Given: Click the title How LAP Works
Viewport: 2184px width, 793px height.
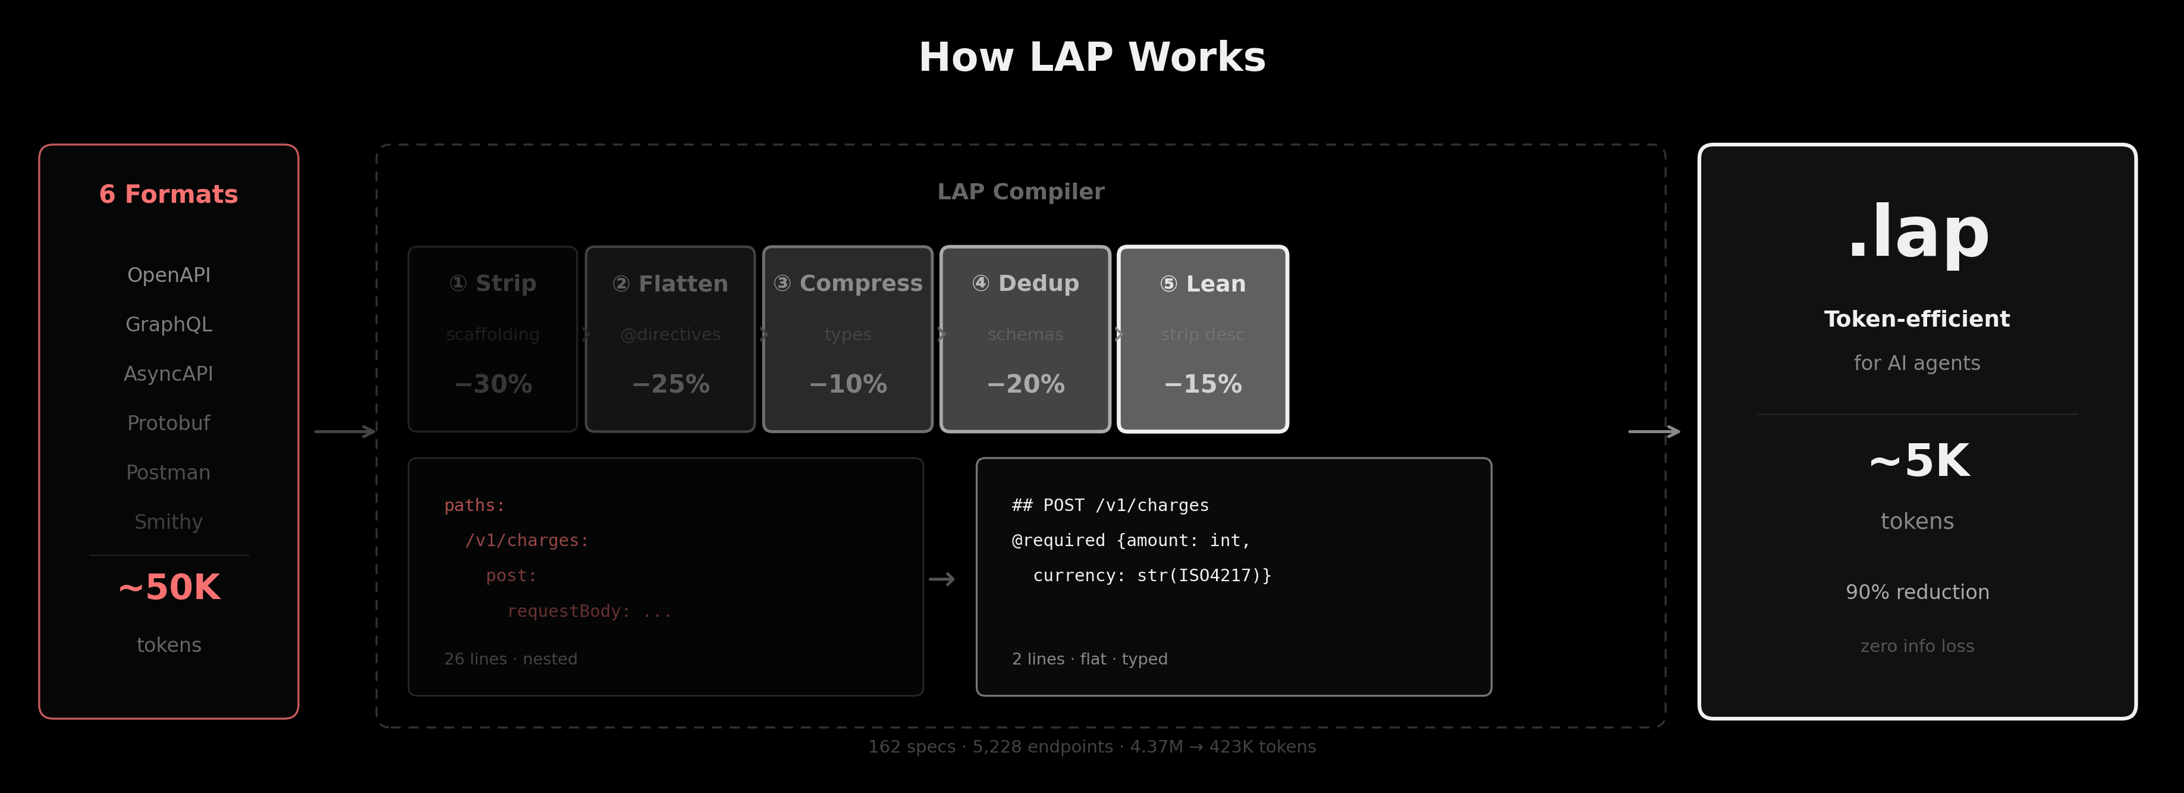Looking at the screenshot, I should [1092, 58].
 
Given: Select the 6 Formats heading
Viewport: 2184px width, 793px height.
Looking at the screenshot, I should [169, 194].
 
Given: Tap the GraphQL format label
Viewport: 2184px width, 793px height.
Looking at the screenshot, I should [169, 324].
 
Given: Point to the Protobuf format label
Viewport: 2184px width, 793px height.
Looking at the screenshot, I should [169, 423].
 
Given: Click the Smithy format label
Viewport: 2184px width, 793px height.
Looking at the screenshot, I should [169, 522].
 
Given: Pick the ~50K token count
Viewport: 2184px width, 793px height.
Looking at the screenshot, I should [169, 587].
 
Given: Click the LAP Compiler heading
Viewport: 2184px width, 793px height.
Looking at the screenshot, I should [1021, 192].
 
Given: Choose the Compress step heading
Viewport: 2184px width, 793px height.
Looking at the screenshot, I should [848, 283].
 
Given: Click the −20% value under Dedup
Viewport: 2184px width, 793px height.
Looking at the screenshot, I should [1025, 384].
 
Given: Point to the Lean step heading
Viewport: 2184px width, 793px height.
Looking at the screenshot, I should [1202, 283].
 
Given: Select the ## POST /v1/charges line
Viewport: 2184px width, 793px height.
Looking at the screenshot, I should [1110, 506].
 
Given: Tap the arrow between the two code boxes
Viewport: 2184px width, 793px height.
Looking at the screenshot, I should [942, 579].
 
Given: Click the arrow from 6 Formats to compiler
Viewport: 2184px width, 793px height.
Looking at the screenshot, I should [344, 432].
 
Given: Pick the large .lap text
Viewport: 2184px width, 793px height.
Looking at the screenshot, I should [1918, 233].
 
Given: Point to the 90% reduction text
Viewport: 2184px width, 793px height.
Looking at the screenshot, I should [1917, 592].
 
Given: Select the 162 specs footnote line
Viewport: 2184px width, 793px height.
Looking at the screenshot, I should [1092, 747].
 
